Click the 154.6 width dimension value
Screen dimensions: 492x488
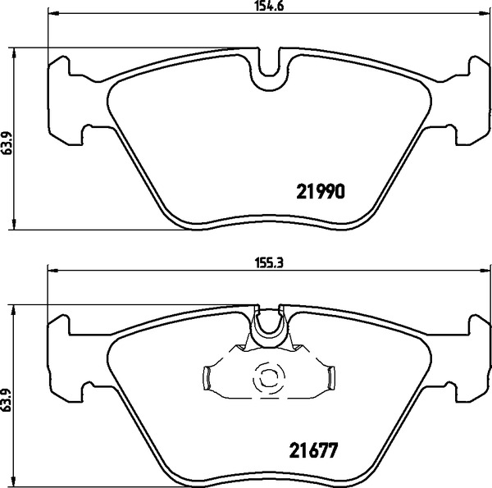pyautogui.click(x=269, y=7)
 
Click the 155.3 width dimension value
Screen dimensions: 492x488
pyautogui.click(x=269, y=263)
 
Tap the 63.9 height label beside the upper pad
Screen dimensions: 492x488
pyautogui.click(x=7, y=143)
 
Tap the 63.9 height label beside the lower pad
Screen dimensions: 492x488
pyautogui.click(x=7, y=399)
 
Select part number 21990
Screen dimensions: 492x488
pyautogui.click(x=321, y=191)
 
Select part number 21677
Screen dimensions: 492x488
pyautogui.click(x=313, y=450)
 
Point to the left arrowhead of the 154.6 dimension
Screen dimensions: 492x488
pyautogui.click(x=53, y=13)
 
